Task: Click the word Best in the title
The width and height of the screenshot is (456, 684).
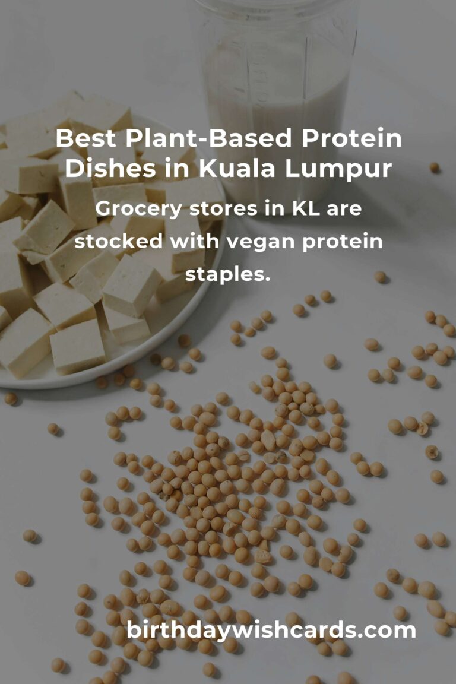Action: (x=86, y=138)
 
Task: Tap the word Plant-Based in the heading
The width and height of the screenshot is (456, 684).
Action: (x=208, y=138)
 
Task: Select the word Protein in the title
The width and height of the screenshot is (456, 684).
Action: (x=351, y=139)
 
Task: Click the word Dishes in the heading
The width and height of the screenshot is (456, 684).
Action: (x=110, y=169)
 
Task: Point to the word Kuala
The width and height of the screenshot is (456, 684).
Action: (x=237, y=169)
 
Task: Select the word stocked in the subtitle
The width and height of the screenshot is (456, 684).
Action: (x=118, y=241)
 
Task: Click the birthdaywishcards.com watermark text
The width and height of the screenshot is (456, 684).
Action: (x=271, y=631)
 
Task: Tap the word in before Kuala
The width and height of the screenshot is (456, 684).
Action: (x=178, y=169)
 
